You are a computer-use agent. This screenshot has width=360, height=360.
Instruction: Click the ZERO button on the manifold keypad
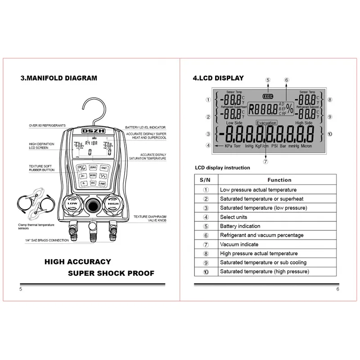[93, 167]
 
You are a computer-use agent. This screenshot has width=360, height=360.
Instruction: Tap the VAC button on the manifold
[93, 183]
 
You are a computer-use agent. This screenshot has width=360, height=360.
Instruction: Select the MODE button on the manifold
[93, 175]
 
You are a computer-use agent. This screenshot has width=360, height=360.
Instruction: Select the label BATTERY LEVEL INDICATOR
[145, 128]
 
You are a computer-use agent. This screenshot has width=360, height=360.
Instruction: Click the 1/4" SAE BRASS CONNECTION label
[47, 240]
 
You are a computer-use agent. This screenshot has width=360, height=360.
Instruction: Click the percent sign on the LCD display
[289, 109]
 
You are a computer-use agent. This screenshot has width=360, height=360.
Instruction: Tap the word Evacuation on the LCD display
[266, 122]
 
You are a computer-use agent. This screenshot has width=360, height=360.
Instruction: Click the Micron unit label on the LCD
[306, 146]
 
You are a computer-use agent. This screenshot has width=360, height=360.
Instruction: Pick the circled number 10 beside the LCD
[330, 133]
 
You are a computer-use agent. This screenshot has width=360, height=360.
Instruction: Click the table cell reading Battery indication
[240, 226]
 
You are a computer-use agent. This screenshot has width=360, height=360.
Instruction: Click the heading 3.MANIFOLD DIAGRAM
[58, 78]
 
